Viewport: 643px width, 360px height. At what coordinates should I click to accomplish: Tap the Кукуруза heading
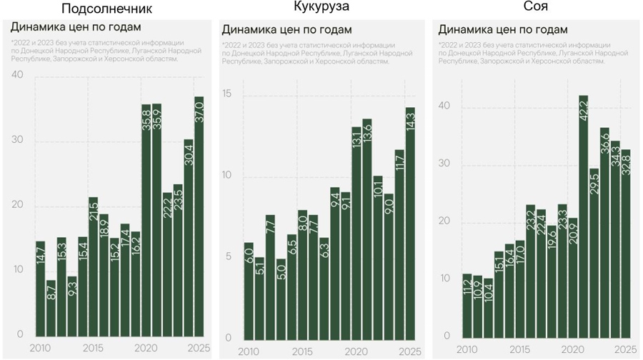(x=322, y=6)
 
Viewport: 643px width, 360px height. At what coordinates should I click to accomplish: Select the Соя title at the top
(x=531, y=6)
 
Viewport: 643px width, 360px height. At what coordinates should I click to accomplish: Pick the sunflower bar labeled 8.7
(x=51, y=308)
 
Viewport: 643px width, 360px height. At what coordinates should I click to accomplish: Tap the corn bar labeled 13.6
(x=367, y=229)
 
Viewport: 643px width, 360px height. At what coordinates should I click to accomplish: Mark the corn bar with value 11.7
(x=399, y=244)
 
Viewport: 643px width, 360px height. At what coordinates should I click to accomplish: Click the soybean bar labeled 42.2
(x=583, y=215)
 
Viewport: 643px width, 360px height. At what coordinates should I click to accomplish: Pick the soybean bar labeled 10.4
(x=488, y=307)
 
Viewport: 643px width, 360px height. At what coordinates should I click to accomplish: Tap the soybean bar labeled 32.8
(x=625, y=242)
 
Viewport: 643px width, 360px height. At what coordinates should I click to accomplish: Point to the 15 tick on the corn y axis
(x=228, y=95)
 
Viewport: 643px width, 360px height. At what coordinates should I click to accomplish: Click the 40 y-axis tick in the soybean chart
(x=446, y=107)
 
